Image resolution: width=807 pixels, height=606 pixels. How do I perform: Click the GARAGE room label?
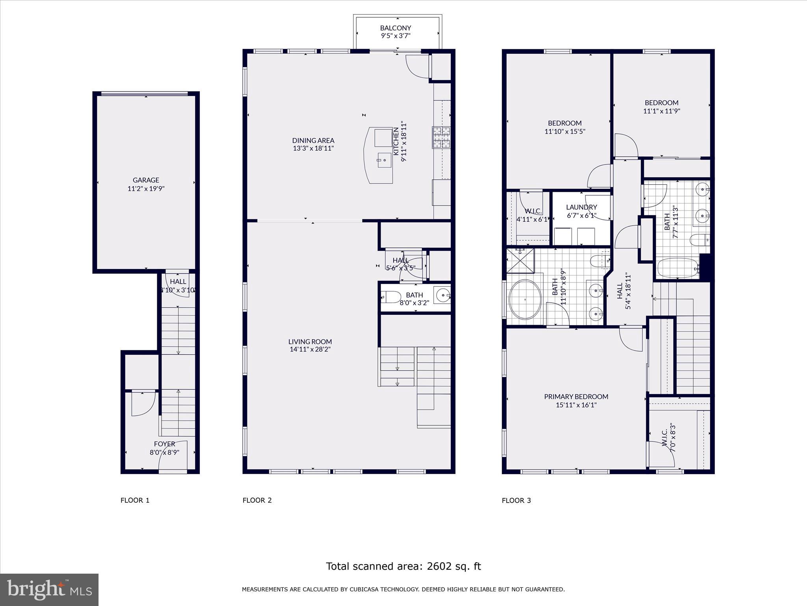click(146, 180)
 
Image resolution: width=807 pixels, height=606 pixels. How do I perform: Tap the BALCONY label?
click(396, 28)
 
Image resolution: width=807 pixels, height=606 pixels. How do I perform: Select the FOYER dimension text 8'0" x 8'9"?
click(164, 452)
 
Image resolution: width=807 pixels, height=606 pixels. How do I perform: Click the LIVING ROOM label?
click(310, 342)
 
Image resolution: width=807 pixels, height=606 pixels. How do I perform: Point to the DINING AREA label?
click(313, 140)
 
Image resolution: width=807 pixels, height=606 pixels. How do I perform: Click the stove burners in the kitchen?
click(441, 137)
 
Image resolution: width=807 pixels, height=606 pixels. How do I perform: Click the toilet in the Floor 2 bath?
click(391, 297)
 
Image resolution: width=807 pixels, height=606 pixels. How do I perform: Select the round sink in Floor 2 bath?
click(443, 295)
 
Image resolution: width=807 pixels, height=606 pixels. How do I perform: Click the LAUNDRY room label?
click(581, 207)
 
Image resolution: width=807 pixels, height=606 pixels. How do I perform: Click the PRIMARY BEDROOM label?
click(576, 397)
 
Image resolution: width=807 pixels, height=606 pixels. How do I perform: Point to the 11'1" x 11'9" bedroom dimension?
click(662, 111)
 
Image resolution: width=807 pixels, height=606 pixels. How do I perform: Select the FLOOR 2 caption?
click(257, 500)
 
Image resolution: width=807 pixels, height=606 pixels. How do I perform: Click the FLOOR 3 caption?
click(516, 500)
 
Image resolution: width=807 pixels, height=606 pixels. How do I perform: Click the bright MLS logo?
click(49, 589)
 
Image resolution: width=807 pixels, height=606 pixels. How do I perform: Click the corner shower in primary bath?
click(520, 260)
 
